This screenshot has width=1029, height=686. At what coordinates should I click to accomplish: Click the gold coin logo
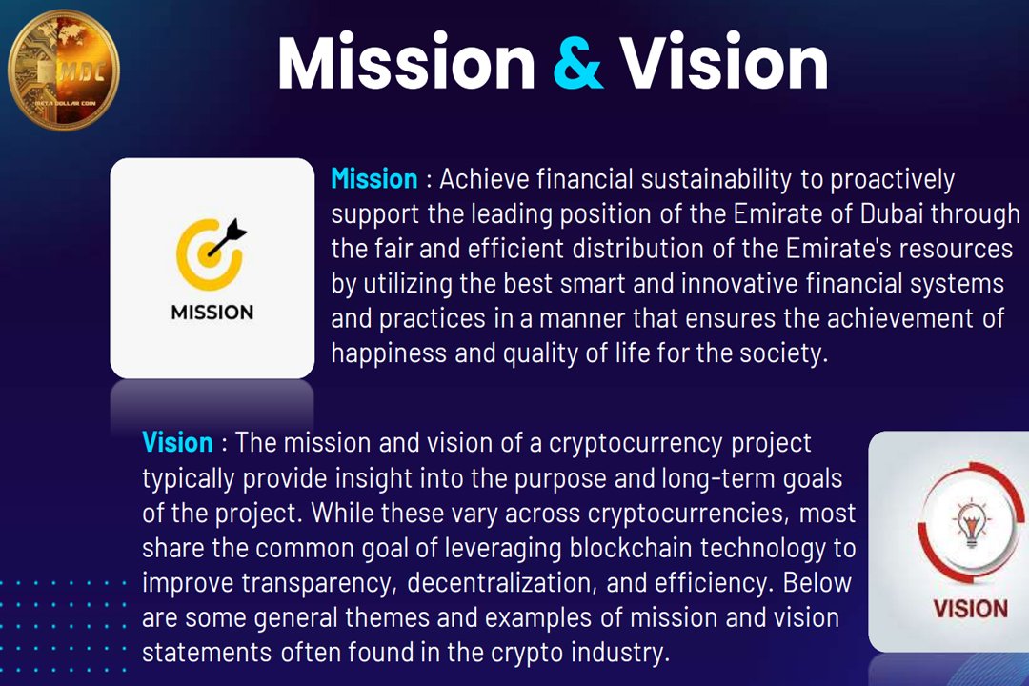(63, 69)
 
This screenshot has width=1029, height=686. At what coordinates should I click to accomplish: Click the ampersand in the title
(577, 63)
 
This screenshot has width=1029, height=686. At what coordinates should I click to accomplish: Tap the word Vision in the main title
(724, 63)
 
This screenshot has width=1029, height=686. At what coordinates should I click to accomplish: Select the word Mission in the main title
(407, 63)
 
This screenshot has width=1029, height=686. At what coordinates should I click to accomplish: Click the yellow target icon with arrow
(211, 250)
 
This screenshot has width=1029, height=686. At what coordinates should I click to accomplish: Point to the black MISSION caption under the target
(212, 312)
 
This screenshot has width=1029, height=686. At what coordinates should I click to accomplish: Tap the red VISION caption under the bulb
(970, 608)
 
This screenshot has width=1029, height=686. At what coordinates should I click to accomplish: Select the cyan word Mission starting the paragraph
(373, 179)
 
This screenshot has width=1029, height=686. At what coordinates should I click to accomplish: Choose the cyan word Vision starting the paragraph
(177, 442)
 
